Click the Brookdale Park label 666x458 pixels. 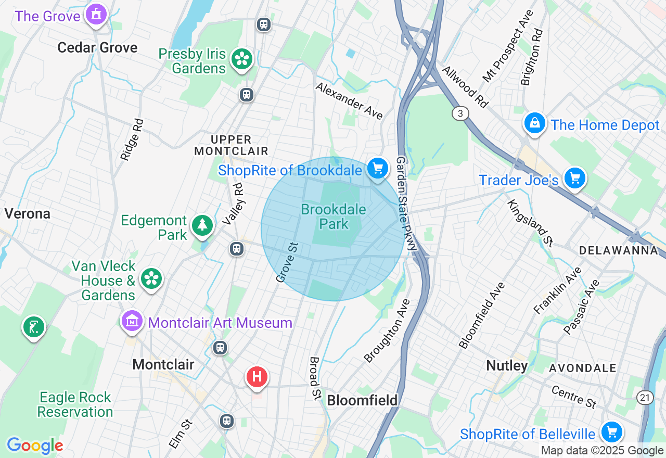(x=334, y=217)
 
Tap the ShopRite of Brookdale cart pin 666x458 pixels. (x=378, y=169)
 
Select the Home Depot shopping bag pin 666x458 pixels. (x=534, y=123)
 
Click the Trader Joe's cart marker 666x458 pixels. (x=574, y=179)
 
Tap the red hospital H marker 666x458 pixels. (x=257, y=377)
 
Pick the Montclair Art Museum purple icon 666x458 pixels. (x=133, y=322)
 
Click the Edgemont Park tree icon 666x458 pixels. (x=202, y=226)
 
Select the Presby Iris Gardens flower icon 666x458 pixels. (x=241, y=59)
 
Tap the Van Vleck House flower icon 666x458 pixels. (x=151, y=279)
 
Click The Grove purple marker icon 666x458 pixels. (x=96, y=14)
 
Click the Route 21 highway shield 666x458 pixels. (x=645, y=398)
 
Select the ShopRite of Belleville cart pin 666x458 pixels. (x=611, y=432)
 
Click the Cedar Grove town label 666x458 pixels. (x=97, y=48)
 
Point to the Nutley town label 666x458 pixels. (x=507, y=365)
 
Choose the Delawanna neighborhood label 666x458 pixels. (x=618, y=251)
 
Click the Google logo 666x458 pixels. (x=35, y=446)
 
